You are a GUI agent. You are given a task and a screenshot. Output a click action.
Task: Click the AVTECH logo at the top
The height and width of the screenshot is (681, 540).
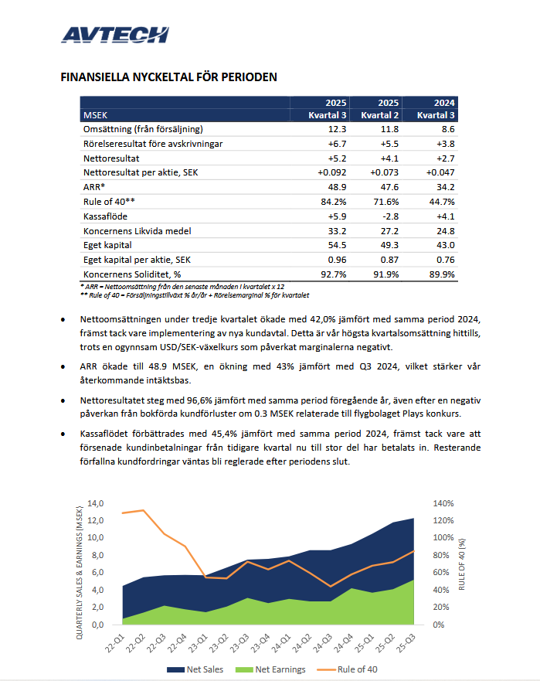(114, 35)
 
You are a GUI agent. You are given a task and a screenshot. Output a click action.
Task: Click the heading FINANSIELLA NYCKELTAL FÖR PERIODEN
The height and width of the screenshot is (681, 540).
(168, 77)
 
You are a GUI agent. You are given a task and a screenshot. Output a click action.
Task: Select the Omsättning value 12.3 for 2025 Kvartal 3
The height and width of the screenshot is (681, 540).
(337, 130)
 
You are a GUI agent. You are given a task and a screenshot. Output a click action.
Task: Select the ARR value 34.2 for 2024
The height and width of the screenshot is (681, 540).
(445, 187)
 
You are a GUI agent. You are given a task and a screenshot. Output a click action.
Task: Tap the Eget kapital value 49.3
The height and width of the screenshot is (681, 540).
(388, 244)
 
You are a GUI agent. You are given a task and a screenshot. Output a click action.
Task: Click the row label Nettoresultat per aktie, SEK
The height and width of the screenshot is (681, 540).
(141, 172)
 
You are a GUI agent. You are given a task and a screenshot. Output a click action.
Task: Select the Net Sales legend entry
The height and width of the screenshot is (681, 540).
(196, 669)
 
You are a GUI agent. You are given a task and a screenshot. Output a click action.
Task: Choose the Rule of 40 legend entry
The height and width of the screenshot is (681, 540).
(355, 669)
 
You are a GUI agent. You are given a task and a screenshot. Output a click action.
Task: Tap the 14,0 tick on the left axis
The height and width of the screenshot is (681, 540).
(96, 503)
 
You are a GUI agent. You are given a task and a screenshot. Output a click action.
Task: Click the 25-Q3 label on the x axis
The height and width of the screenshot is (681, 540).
(410, 643)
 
